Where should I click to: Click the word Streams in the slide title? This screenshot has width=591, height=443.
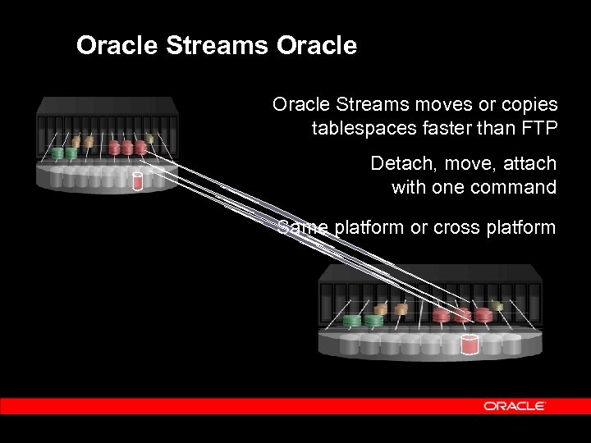(x=218, y=45)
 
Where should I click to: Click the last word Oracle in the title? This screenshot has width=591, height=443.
(x=317, y=45)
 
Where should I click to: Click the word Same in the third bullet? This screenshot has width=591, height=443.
(x=302, y=227)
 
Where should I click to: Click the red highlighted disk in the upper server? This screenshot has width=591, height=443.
(x=138, y=180)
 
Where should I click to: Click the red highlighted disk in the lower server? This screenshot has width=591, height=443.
(x=470, y=344)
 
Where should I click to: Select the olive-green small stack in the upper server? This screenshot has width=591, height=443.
(x=149, y=139)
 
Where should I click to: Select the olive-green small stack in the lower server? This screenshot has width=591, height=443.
(x=497, y=305)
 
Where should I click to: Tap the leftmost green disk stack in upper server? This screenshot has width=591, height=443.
(x=57, y=153)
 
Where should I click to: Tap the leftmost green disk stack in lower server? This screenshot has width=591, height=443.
(x=354, y=320)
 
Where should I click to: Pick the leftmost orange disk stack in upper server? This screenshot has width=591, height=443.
(x=76, y=143)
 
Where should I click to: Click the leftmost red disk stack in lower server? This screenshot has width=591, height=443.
(x=441, y=316)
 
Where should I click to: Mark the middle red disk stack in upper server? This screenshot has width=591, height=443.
(x=127, y=148)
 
